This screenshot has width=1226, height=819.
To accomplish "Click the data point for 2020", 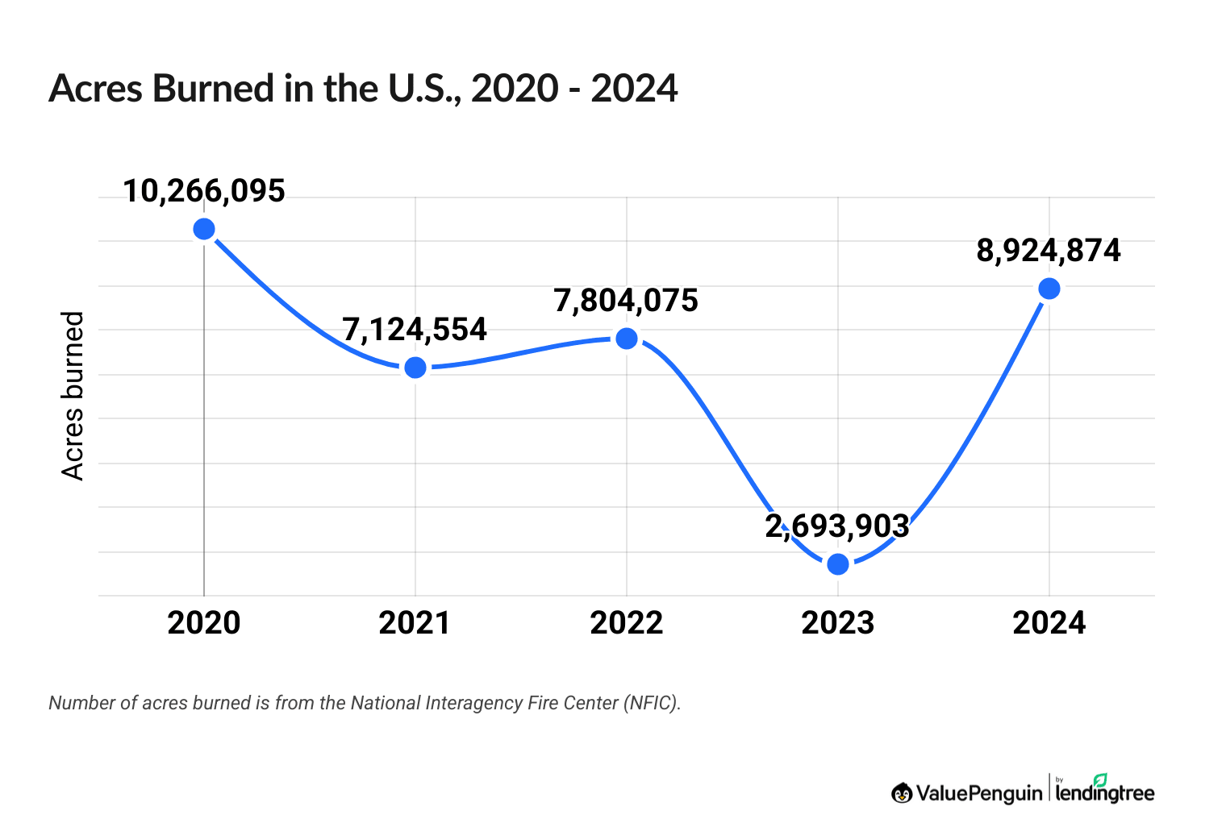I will point(204,229).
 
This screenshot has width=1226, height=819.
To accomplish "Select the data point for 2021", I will point(415,368).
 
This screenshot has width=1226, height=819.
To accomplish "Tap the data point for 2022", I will point(627,339).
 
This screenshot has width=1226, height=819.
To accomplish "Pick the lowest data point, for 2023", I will point(838,563).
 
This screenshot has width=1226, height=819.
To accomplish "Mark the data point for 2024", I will point(1049,289).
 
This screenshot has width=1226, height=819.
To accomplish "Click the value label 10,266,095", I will point(204,191).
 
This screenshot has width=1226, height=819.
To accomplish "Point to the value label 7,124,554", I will point(415,330).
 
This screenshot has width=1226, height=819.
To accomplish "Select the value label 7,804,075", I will point(626,301).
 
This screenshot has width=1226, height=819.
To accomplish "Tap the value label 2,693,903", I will point(837,526).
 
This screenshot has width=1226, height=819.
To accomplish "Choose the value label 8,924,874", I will point(1049,251).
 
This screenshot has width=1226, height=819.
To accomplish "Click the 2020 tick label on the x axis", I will point(204,623).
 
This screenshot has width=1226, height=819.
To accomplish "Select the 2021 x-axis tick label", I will point(415,623).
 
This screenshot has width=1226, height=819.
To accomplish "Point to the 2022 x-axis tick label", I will point(627,623).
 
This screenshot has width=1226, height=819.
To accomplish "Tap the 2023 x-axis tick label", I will point(838,623).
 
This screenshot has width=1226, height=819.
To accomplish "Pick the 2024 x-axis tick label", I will point(1049,623).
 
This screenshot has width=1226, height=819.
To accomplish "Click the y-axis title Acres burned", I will point(73,396).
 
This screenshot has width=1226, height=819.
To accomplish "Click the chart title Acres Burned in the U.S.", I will point(363,89).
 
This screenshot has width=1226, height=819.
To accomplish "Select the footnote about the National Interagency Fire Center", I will point(365,703).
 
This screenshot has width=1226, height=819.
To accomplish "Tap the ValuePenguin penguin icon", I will point(902,793).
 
